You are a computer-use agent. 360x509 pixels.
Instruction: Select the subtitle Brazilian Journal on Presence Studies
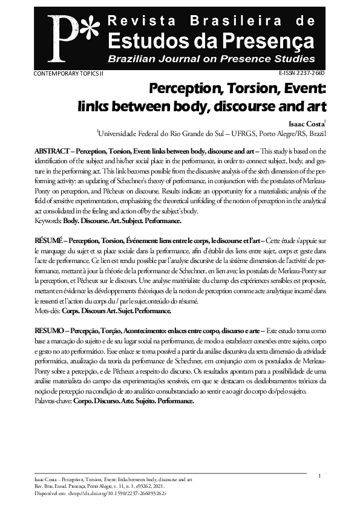(211, 59)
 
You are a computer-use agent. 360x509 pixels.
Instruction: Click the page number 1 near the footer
(318, 477)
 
